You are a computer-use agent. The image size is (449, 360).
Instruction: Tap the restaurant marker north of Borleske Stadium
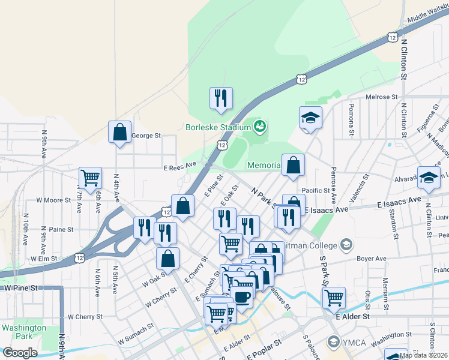click(221, 98)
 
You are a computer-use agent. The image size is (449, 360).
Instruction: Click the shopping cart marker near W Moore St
click(90, 178)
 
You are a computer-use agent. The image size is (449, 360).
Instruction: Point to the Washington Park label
click(23, 332)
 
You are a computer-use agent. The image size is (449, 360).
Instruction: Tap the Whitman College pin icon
click(346, 244)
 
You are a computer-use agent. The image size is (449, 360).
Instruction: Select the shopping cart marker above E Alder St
click(334, 297)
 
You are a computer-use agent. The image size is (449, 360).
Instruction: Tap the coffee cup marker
click(241, 296)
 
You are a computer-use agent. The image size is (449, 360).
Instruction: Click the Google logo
click(20, 353)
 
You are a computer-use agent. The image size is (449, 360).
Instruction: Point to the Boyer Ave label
click(372, 259)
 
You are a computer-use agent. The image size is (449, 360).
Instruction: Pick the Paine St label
click(61, 229)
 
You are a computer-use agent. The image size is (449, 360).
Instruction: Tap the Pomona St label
click(351, 116)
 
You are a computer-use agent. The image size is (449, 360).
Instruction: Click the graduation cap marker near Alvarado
click(429, 177)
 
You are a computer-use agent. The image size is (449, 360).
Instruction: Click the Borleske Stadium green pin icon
click(260, 127)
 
